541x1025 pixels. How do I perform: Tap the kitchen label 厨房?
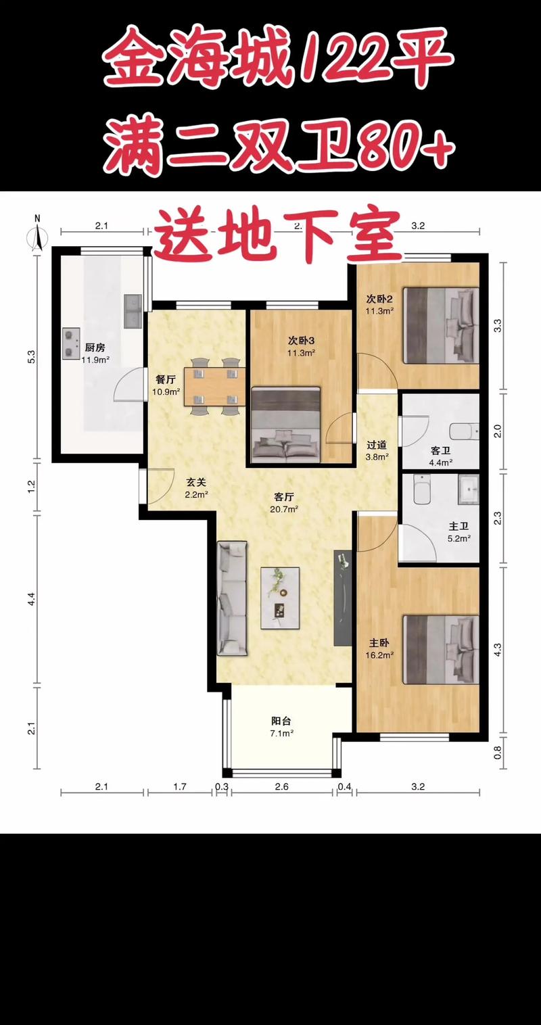(95, 348)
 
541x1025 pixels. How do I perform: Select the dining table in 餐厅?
(214, 386)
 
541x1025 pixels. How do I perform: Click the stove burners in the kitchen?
(70, 343)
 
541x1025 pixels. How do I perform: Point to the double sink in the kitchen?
(133, 311)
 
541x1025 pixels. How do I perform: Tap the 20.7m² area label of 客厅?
(284, 509)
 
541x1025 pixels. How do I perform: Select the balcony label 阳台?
(281, 721)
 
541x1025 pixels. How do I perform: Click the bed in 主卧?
(441, 650)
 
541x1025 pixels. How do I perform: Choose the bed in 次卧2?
(441, 325)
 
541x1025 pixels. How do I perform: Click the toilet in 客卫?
(464, 431)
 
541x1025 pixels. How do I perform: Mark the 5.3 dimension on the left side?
(32, 356)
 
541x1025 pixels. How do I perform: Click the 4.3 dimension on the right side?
(498, 649)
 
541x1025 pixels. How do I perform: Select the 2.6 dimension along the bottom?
(281, 786)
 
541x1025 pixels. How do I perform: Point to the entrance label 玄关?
(196, 482)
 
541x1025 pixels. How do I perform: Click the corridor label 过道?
(377, 445)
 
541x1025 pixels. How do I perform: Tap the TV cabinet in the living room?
(342, 598)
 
